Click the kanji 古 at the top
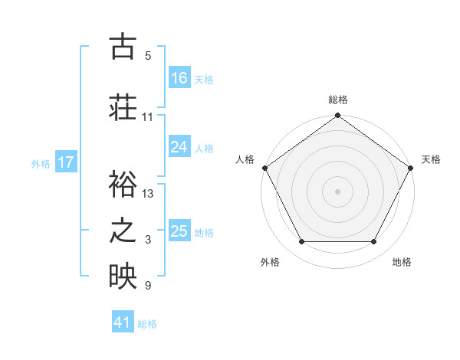(x=123, y=47)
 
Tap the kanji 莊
(x=123, y=107)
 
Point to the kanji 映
(x=123, y=277)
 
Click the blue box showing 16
(x=179, y=77)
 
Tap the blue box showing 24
(x=179, y=147)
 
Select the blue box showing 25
(x=179, y=231)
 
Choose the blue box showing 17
(x=66, y=162)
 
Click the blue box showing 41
(x=123, y=322)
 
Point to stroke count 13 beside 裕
(x=148, y=194)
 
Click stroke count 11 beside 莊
(x=147, y=117)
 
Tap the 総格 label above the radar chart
(x=338, y=100)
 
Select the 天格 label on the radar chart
(x=431, y=159)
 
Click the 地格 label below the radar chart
(x=402, y=262)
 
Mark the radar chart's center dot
(x=337, y=191)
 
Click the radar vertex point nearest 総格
(x=337, y=116)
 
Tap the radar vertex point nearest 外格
(x=301, y=242)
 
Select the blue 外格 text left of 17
(x=40, y=163)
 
